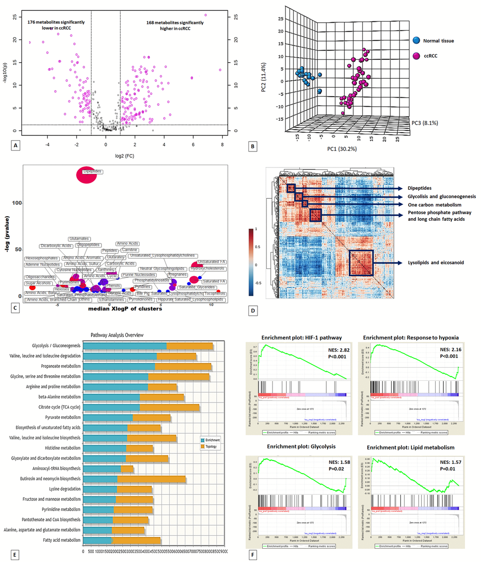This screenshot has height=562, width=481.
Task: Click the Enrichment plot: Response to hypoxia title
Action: coord(411,337)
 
